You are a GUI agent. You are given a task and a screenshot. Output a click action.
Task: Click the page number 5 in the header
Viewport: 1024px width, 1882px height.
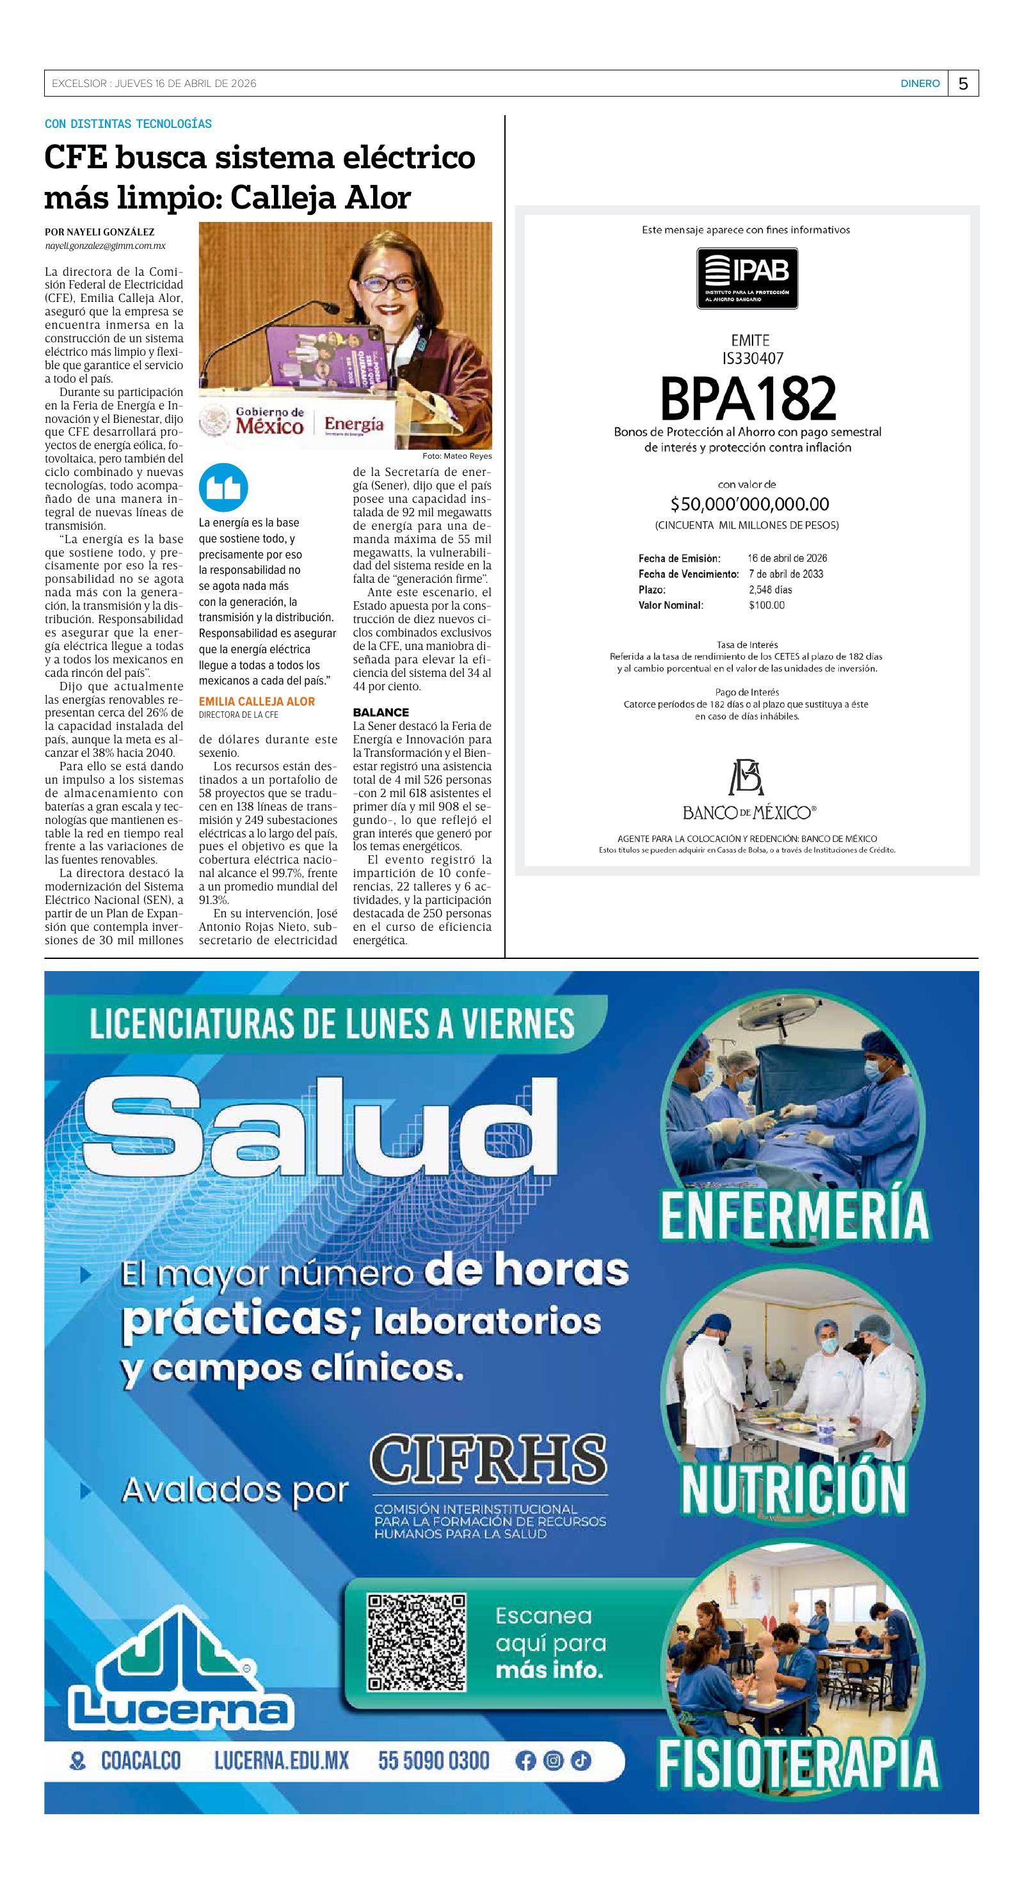point(963,84)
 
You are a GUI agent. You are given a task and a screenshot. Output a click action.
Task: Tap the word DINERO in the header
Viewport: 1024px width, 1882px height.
point(920,84)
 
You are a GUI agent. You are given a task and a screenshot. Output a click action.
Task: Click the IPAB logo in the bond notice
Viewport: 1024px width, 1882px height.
point(746,278)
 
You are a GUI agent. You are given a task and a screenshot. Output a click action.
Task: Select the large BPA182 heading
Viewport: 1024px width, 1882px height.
point(747,399)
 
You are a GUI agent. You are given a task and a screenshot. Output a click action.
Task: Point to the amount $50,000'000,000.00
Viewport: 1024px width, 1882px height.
point(749,504)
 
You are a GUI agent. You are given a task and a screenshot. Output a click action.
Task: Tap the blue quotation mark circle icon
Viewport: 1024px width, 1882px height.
point(223,487)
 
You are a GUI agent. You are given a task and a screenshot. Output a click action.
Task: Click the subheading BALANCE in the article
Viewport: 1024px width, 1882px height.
point(381,713)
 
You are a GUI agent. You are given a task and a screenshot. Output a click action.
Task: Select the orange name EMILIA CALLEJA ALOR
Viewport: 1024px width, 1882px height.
point(257,701)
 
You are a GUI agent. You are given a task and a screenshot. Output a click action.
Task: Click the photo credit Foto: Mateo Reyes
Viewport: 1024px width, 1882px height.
point(457,456)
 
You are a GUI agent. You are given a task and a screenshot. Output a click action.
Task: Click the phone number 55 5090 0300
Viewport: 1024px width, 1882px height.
point(433,1760)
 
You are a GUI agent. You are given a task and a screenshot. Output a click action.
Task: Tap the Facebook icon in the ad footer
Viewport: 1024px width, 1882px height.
point(525,1760)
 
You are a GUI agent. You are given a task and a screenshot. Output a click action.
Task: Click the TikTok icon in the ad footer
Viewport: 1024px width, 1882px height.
point(580,1760)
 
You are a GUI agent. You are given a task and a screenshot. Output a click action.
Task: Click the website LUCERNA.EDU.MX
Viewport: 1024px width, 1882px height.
point(282,1760)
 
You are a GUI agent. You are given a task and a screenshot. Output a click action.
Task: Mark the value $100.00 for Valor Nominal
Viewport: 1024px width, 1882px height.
point(766,605)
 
